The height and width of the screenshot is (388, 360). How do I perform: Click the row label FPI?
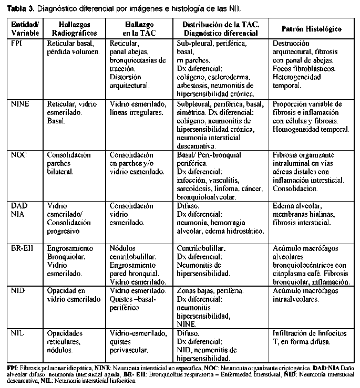click(16, 44)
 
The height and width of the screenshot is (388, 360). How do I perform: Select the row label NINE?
click(20, 104)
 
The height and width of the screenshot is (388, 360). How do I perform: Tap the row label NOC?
click(19, 155)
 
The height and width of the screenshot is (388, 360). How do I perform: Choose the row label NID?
click(18, 290)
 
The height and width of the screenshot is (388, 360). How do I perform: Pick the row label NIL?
click(18, 333)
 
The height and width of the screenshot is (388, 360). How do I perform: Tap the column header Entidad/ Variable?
click(25, 29)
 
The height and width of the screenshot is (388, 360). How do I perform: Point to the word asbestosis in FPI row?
click(194, 86)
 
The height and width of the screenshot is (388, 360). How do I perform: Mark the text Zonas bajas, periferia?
click(210, 290)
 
